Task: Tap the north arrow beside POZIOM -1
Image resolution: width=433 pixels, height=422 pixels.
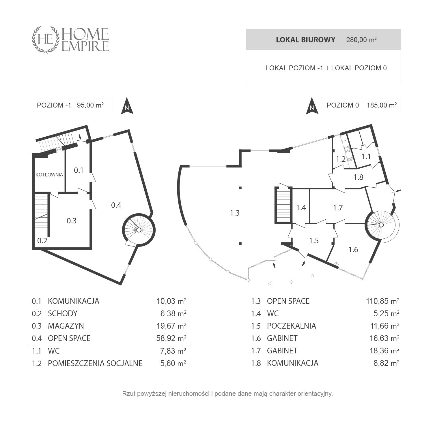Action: [127, 106]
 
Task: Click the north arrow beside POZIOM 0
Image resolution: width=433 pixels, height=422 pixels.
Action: [312, 106]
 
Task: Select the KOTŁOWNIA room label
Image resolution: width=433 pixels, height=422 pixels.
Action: [49, 175]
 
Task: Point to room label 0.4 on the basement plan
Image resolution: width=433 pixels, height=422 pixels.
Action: [116, 205]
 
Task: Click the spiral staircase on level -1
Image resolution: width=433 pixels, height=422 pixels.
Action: [139, 230]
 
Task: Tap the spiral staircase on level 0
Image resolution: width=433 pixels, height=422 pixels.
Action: [382, 225]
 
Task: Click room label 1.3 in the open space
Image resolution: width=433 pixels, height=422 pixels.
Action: [235, 213]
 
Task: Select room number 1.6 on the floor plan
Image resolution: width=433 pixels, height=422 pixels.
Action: [353, 250]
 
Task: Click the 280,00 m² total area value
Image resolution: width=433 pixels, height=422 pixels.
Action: [361, 40]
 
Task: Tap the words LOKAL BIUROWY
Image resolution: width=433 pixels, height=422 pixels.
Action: [305, 40]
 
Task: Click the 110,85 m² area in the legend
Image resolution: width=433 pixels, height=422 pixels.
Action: [382, 301]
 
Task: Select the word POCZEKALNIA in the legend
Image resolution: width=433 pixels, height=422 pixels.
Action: [291, 326]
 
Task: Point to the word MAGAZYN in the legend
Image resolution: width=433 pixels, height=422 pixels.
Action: [66, 326]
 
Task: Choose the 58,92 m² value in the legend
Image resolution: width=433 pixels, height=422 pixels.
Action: [171, 338]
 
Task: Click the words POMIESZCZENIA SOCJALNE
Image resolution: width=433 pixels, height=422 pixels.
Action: [95, 363]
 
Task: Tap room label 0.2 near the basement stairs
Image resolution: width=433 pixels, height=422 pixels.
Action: [42, 240]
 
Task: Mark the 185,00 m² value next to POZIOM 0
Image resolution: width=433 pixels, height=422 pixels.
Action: [382, 105]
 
